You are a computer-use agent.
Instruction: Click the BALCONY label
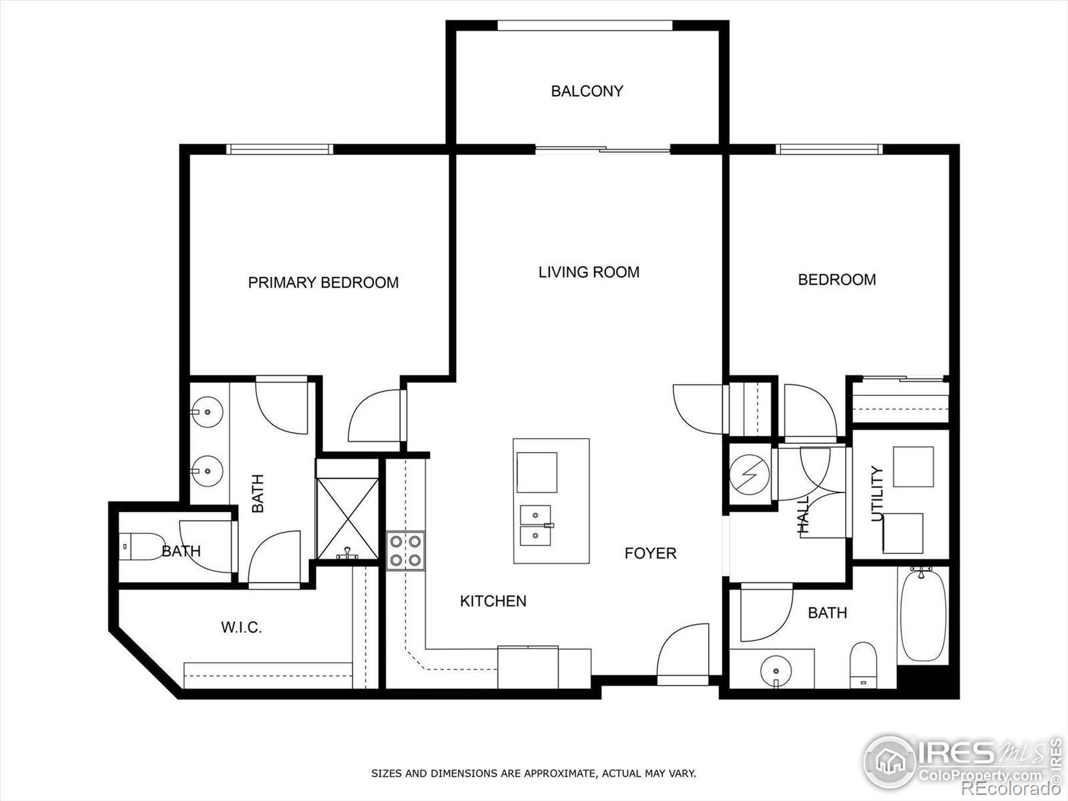click(x=587, y=91)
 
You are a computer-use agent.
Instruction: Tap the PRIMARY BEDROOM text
click(x=323, y=282)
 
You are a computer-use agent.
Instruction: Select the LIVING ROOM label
click(x=589, y=272)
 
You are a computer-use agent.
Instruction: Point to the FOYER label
click(x=651, y=553)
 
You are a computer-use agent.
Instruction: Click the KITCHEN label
click(x=493, y=601)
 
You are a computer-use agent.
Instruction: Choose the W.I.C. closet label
click(x=242, y=627)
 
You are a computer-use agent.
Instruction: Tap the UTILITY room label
click(x=877, y=493)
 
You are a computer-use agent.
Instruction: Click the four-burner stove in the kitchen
click(x=405, y=551)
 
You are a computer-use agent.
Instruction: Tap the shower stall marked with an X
click(x=347, y=519)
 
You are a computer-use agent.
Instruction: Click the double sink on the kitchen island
click(x=536, y=526)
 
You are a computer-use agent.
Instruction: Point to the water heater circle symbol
click(x=750, y=475)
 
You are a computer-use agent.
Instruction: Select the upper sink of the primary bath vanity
click(x=208, y=412)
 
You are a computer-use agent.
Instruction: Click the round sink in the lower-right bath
click(x=776, y=672)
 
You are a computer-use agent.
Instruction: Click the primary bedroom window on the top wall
click(x=280, y=150)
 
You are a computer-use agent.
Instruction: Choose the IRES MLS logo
click(x=961, y=762)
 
